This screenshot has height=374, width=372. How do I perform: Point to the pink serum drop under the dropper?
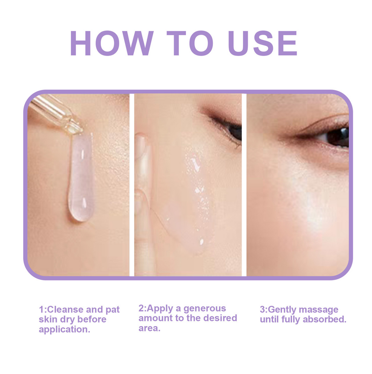pyautogui.click(x=80, y=178)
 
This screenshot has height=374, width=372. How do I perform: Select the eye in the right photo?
pyautogui.click(x=336, y=137)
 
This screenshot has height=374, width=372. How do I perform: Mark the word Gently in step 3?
pyautogui.click(x=282, y=310)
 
